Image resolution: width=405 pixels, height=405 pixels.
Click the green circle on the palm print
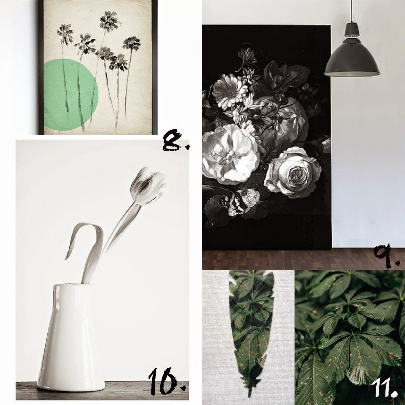(71, 94)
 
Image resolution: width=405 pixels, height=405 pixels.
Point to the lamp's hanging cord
(352, 11)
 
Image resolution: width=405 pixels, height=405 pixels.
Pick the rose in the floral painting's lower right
(292, 172)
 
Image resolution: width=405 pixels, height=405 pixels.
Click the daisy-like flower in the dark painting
(231, 92)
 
